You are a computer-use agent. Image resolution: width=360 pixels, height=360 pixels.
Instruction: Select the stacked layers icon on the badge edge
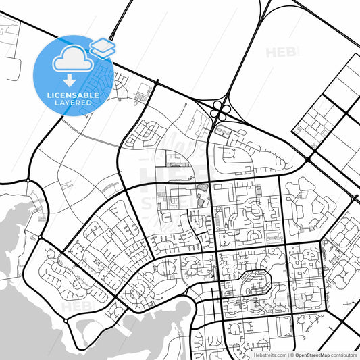[102, 47]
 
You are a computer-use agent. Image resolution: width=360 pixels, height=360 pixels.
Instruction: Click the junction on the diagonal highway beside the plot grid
[308, 159]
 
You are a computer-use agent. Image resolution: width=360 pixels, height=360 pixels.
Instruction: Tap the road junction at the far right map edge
[355, 198]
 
